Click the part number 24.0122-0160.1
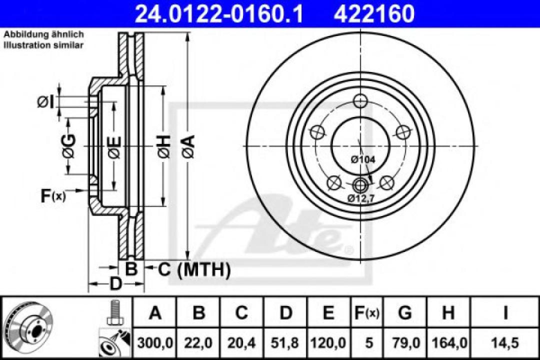pos(219,13)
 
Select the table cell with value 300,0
pos(155,343)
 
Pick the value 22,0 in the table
pos(198,343)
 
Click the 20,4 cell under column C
pos(241,343)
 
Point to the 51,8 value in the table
pos(285,343)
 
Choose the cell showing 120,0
pos(327,343)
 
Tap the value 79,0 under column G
pos(405,343)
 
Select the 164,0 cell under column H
pos(448,343)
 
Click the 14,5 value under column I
pos(505,343)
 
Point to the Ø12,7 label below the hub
pos(360,198)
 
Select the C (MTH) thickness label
pos(194,270)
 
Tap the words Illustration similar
pos(44,44)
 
